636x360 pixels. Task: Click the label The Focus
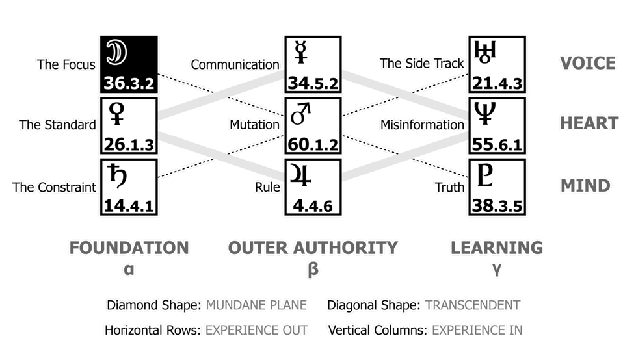(66, 64)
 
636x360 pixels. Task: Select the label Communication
(235, 64)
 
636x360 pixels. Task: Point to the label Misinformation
(422, 125)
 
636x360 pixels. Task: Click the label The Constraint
(54, 187)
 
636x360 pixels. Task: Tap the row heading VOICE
(587, 63)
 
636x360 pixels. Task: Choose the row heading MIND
(585, 186)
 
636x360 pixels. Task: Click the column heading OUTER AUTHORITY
(312, 248)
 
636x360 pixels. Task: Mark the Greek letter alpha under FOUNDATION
(129, 268)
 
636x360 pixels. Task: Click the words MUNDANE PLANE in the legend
(256, 305)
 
